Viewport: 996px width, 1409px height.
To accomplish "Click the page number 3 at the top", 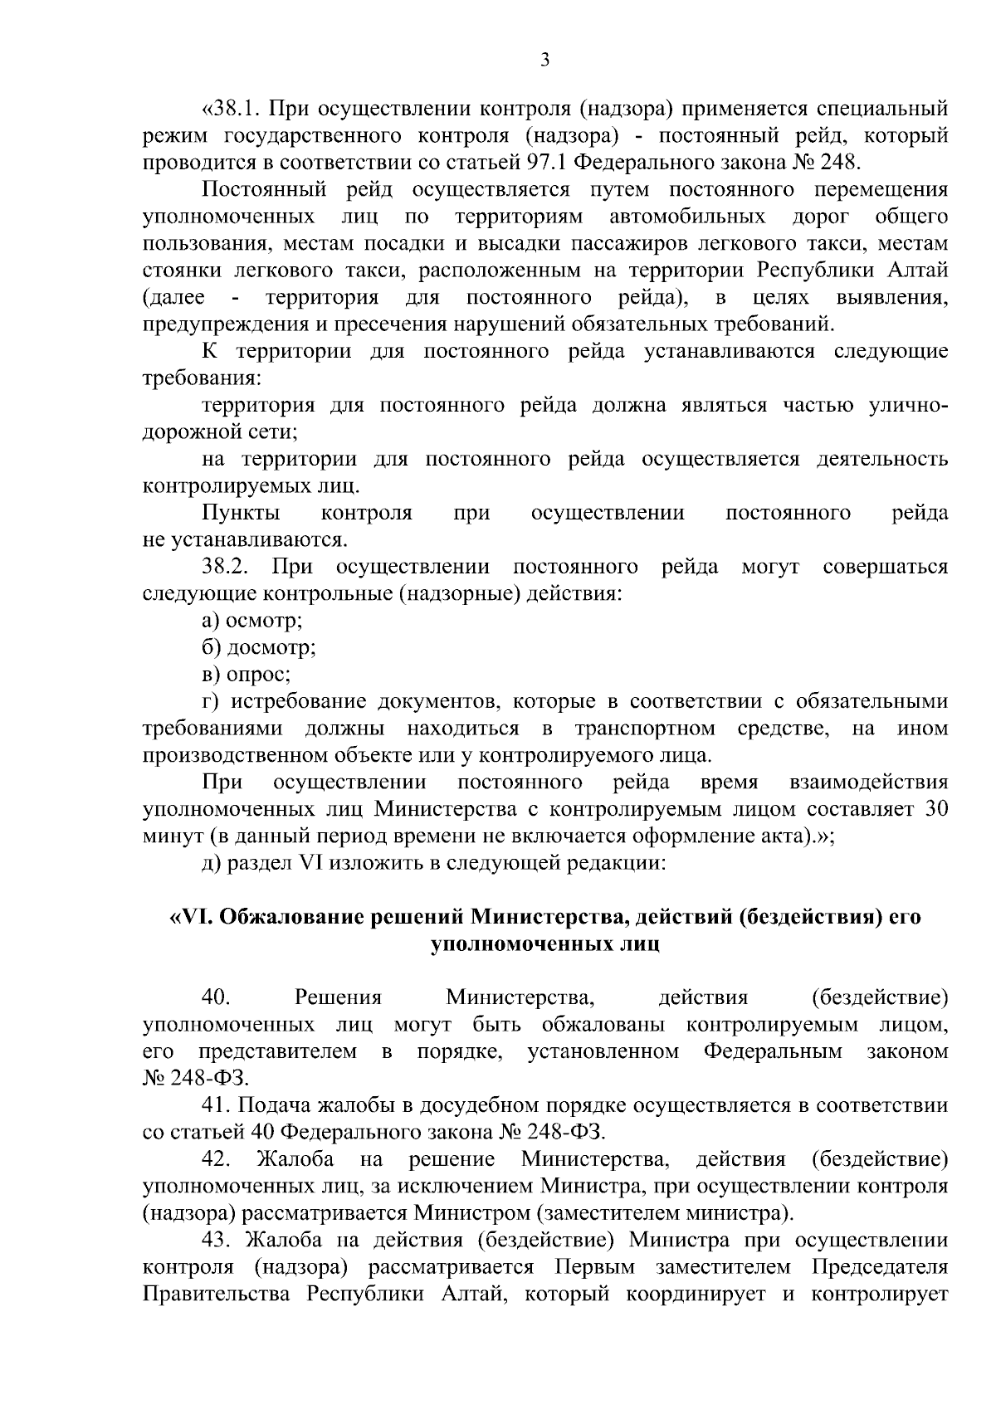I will [544, 59].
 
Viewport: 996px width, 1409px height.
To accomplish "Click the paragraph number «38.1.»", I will [232, 109].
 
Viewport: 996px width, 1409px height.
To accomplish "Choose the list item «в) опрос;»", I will [246, 674].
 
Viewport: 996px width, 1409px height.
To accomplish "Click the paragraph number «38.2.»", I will [226, 567].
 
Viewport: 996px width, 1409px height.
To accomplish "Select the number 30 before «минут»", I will [936, 808].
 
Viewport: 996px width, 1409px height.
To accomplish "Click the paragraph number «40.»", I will [215, 997].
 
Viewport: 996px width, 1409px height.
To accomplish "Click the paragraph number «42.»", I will [216, 1158].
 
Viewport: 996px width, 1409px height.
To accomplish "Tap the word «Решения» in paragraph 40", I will [338, 997].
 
